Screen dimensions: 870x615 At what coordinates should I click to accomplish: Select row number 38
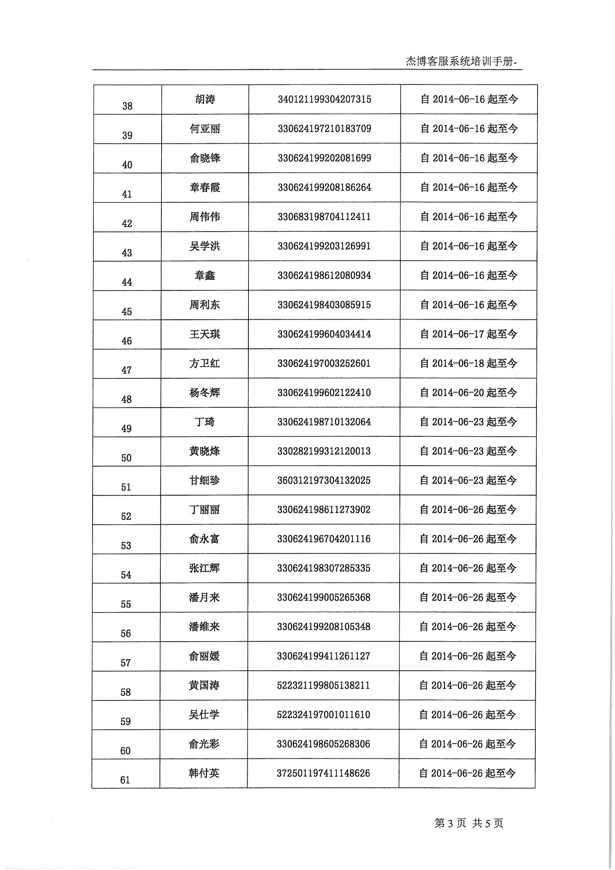[127, 106]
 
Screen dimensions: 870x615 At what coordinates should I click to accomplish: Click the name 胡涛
[205, 99]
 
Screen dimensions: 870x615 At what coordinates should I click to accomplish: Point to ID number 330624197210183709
[324, 129]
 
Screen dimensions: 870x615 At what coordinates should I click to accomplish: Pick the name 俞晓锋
[205, 158]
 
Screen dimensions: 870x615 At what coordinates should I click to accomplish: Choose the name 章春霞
[205, 188]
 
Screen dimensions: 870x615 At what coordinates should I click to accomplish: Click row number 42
[127, 224]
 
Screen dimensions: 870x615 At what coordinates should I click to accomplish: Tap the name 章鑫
[205, 275]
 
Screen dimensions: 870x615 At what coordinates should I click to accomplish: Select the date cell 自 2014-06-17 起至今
[469, 334]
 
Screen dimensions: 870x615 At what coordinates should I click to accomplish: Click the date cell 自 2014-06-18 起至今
[469, 364]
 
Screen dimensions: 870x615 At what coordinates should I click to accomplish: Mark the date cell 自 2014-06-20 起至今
[469, 393]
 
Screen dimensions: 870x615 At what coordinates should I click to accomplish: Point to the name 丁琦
[205, 422]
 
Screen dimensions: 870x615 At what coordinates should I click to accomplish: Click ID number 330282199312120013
[324, 451]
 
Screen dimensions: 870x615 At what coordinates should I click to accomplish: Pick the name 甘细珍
[205, 480]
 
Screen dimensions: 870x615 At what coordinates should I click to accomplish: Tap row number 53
[126, 546]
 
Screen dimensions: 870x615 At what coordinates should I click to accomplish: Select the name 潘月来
[204, 598]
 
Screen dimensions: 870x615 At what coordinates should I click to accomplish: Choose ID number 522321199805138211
[324, 685]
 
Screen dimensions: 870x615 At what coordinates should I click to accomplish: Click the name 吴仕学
[204, 714]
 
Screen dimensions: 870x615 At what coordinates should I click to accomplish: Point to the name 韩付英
[204, 773]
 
